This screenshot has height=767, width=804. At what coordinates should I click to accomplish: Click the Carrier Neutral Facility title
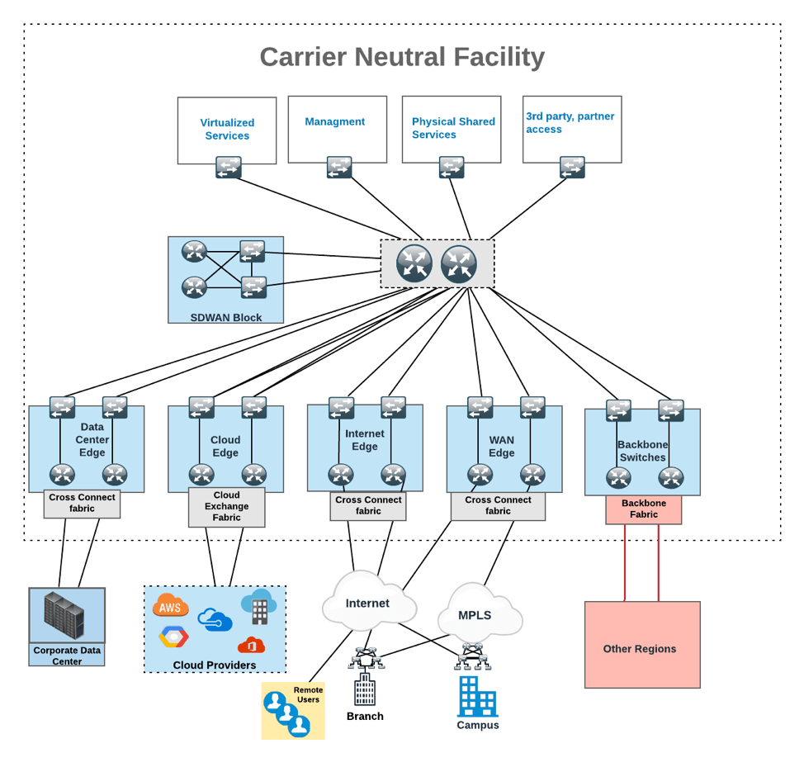(402, 57)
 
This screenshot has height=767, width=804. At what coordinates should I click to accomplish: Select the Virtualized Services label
(227, 130)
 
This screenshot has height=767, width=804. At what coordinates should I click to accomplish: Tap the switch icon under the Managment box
(339, 168)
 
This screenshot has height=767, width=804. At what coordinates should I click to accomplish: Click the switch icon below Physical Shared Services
(452, 168)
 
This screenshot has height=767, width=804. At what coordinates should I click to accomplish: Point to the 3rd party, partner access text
(570, 122)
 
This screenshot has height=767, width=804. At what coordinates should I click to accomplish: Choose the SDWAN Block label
(225, 317)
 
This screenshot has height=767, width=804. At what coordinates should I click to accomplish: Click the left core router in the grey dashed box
(414, 263)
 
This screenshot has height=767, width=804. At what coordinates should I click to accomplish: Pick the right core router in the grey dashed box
(459, 263)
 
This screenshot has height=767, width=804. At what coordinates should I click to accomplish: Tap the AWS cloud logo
(170, 607)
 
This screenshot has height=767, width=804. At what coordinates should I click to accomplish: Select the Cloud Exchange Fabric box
(226, 507)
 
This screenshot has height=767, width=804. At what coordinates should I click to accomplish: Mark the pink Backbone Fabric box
(643, 509)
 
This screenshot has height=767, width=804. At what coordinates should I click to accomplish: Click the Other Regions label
(640, 649)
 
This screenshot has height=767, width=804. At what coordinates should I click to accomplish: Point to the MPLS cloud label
(475, 615)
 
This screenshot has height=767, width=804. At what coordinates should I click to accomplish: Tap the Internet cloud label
(367, 604)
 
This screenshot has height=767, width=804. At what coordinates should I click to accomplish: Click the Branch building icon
(364, 689)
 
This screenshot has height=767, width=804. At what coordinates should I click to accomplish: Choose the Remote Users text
(308, 694)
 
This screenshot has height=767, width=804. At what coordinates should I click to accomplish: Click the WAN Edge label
(501, 446)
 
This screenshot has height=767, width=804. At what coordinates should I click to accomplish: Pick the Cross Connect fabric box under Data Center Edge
(82, 504)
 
